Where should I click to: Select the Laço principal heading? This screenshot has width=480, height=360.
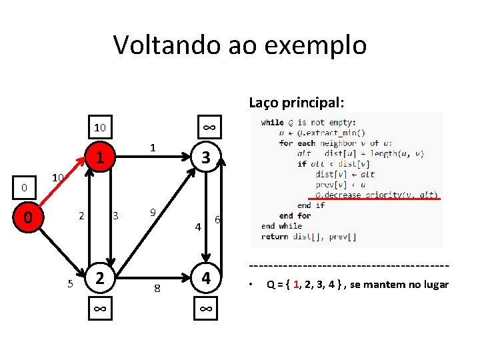tap(297, 102)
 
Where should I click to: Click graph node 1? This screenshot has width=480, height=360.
tap(99, 158)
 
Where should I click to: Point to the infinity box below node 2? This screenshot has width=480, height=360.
tap(99, 308)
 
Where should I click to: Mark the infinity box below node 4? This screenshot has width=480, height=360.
tap(207, 308)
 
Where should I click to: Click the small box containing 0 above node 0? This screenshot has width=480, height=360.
tap(24, 187)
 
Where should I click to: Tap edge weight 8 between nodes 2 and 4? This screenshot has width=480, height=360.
tap(157, 288)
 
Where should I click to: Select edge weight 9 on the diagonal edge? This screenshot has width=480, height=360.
tap(153, 213)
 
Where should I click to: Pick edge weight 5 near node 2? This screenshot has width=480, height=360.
tap(70, 284)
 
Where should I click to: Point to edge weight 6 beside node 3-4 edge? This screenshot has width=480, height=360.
tap(218, 221)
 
